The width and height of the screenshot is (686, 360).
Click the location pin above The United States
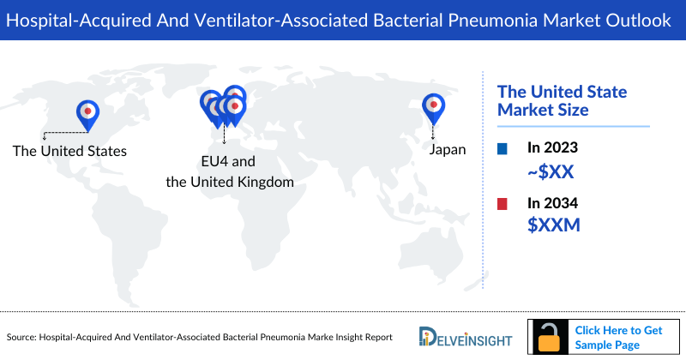87,112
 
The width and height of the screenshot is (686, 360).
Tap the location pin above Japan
434,106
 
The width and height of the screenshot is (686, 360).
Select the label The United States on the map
69,151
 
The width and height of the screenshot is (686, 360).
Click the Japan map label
448,149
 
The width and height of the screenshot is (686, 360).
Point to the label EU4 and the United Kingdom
230,171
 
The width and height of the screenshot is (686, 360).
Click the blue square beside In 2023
502,149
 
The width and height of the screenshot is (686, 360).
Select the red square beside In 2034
502,204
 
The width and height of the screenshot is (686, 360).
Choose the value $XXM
553,226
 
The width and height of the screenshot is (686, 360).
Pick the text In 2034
553,204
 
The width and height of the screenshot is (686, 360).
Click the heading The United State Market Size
563,100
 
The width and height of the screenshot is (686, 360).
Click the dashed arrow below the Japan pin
434,132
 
